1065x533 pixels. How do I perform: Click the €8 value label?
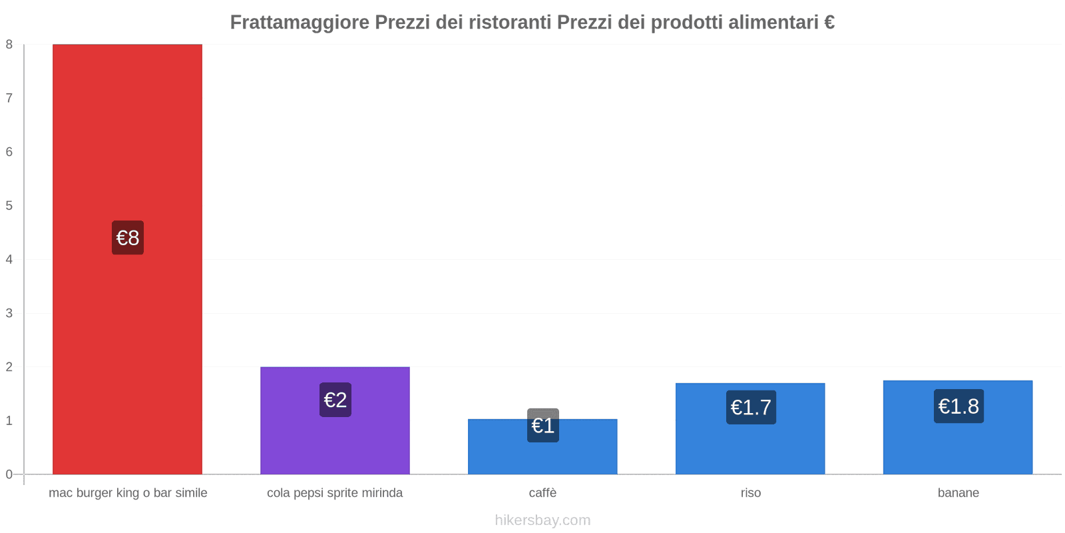(128, 238)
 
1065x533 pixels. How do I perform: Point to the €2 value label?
(335, 400)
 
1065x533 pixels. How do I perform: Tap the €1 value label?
(543, 425)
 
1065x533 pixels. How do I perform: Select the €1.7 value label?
(751, 407)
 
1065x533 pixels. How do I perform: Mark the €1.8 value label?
(958, 406)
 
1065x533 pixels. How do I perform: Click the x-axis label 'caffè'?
(542, 493)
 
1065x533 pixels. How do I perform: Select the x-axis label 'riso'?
(751, 493)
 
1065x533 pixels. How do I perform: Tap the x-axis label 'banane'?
(958, 493)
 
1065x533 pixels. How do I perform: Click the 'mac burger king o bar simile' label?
(128, 493)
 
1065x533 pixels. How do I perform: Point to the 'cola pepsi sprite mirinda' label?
(335, 493)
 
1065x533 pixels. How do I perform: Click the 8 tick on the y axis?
(9, 45)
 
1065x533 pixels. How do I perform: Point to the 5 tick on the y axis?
(9, 206)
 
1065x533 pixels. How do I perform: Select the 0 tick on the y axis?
(9, 474)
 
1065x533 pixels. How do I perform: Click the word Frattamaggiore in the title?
(300, 22)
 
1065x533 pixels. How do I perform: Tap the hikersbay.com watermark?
(542, 520)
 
